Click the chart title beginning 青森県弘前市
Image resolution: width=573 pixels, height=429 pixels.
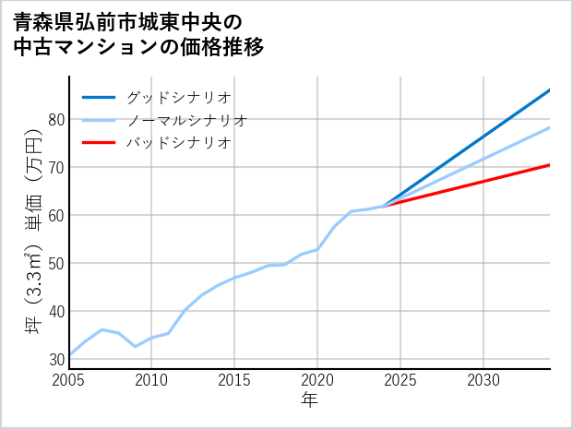coord(139,33)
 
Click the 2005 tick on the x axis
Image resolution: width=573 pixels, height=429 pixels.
coord(69,380)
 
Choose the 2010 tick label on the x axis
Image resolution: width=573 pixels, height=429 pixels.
coord(151,380)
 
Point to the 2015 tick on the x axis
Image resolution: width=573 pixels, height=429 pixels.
coord(234,380)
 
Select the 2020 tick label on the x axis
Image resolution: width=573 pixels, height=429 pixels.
coord(317,380)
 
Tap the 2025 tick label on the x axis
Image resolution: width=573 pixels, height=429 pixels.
coord(400,380)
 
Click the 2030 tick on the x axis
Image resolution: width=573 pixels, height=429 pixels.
coord(483,380)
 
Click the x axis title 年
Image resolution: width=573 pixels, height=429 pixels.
coord(310,399)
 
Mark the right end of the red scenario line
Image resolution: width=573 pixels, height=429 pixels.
coord(550,165)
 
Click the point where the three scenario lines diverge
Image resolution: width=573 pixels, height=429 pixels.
coord(384,206)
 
